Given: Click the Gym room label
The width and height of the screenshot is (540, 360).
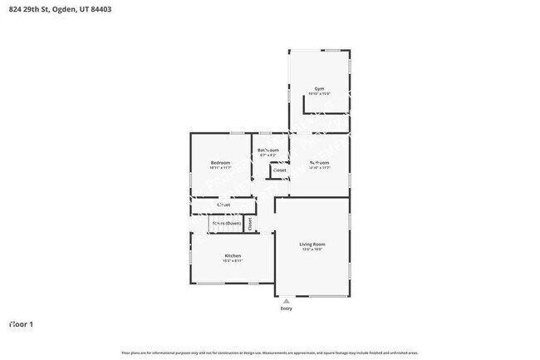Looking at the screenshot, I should click(319, 88).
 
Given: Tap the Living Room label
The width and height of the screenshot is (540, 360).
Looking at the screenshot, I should click(312, 244).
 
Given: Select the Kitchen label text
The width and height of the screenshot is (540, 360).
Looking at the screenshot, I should click(233, 255).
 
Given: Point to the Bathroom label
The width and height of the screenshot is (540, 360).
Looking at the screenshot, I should click(268, 150).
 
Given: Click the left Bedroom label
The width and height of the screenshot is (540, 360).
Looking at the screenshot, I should click(220, 162).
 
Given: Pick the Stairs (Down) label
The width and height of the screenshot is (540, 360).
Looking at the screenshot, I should click(225, 224).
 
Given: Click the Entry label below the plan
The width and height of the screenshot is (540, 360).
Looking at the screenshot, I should click(287, 308).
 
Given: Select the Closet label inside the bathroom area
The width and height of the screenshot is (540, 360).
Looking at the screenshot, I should click(280, 170).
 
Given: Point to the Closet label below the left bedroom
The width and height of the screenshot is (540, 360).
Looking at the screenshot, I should click(223, 204).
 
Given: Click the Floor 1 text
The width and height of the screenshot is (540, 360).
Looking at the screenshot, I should click(21, 323).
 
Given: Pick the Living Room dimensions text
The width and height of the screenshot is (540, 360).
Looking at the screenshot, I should click(312, 249).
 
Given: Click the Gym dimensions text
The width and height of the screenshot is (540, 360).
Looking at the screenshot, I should click(319, 94).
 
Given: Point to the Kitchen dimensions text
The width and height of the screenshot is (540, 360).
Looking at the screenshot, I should click(233, 261).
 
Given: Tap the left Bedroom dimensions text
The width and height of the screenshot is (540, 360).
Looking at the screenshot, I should click(220, 168).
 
